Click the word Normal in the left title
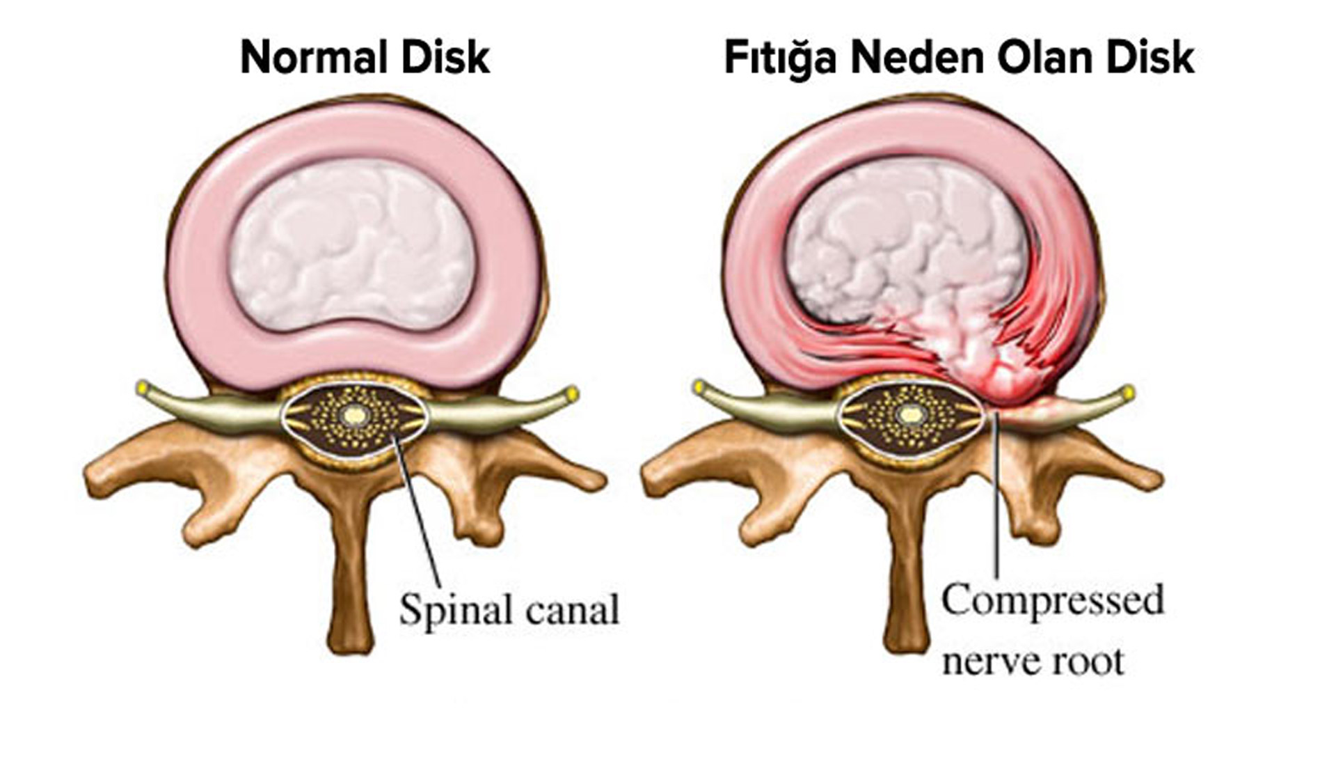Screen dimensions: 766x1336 (x=307, y=57)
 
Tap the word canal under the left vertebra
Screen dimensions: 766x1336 (x=572, y=611)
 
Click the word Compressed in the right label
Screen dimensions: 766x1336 (x=1052, y=600)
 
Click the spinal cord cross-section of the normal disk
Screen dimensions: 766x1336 (x=354, y=417)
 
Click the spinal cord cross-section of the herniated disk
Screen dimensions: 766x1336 (x=909, y=417)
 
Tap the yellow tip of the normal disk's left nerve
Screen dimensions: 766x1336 (x=143, y=386)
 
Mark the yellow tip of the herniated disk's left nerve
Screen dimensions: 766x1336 (x=699, y=386)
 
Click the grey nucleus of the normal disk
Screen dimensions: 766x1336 (x=351, y=244)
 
